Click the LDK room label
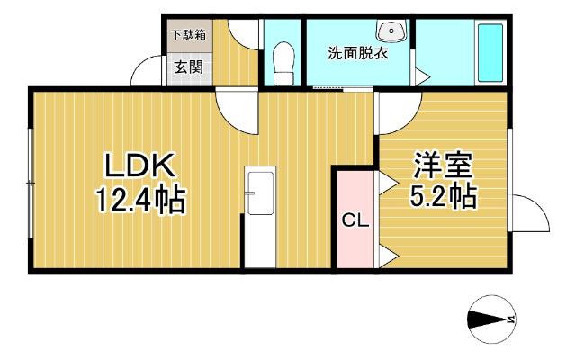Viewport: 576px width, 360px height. point(142,166)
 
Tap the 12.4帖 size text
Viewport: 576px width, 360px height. point(141,200)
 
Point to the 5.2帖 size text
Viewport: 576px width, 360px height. point(441,195)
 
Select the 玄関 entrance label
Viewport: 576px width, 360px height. point(187,66)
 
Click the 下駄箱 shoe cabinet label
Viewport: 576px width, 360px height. point(187,35)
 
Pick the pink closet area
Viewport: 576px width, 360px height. point(353,219)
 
